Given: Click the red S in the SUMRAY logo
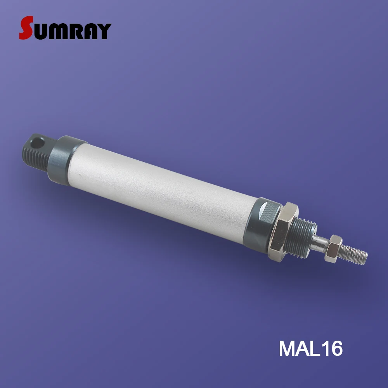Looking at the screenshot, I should [x=26, y=28].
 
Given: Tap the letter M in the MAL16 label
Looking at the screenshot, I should [x=288, y=348].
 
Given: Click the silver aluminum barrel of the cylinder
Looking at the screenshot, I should [x=163, y=186].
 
